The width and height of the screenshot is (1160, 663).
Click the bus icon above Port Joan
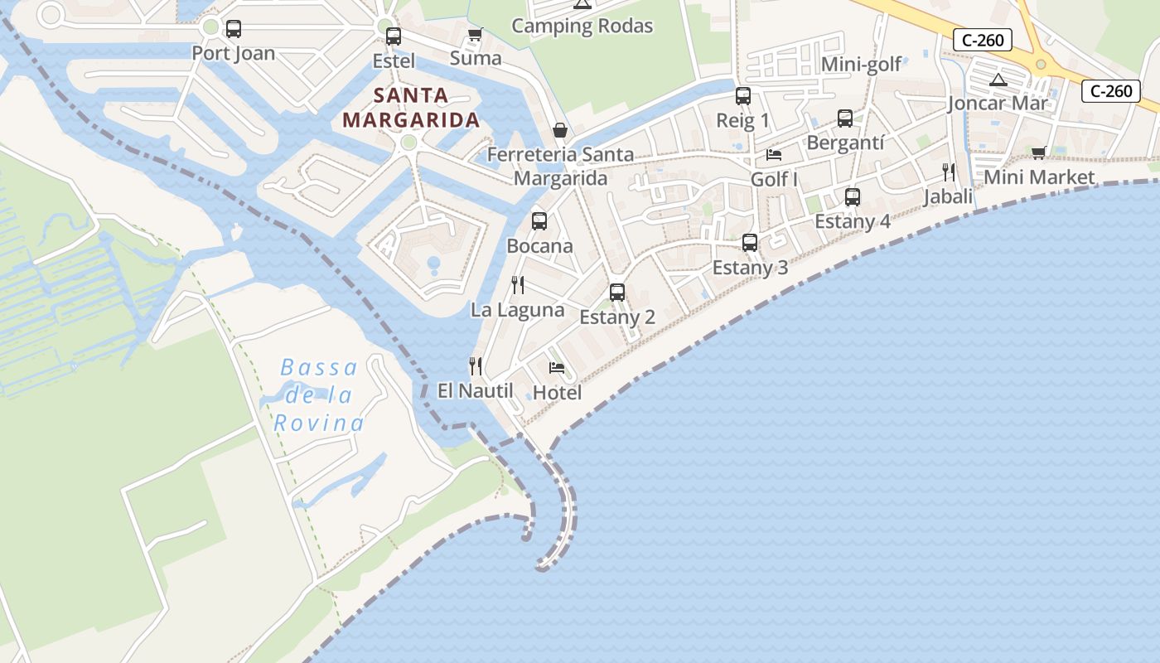coord(234,29)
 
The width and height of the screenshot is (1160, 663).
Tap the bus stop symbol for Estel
coord(394,36)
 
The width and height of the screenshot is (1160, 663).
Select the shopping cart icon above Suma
coord(475,35)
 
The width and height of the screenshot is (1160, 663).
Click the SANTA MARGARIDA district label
coord(411,108)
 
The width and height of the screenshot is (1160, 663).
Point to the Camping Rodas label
coord(582,26)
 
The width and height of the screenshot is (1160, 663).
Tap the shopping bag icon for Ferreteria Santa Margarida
coord(560,130)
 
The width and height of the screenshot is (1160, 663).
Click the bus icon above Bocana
coord(539,221)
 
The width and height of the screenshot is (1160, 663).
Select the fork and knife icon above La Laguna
coord(518,285)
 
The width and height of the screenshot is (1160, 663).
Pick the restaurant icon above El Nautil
coord(476,365)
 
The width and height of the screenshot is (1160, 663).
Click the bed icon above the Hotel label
coord(557,368)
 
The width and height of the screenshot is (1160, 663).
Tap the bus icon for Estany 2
coord(617,292)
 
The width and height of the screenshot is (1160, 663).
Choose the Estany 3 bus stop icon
coord(750,243)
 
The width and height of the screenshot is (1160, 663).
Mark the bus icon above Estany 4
coord(853,197)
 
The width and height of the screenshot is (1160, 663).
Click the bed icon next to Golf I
coord(774,155)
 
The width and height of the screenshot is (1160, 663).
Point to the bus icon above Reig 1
coord(743,96)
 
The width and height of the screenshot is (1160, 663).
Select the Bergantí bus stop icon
coord(845,119)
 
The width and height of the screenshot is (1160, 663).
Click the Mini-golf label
coord(861,65)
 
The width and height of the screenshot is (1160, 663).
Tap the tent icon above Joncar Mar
coord(998,80)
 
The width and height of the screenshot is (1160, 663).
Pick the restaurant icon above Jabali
coord(949,172)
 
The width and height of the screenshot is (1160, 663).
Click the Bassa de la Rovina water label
coord(319,395)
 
